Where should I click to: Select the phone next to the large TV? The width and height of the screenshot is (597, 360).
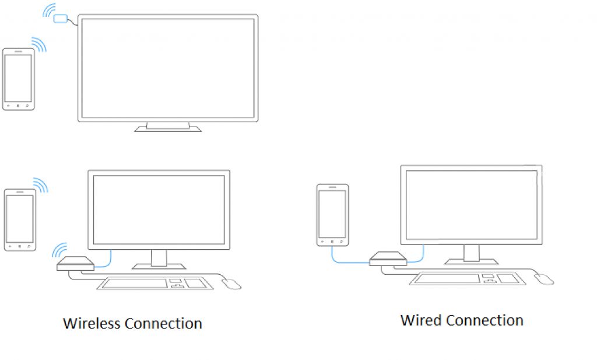19,79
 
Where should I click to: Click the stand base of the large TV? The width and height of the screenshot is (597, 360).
168,127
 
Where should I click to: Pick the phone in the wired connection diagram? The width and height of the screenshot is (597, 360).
332,215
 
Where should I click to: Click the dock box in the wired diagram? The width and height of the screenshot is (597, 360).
388,258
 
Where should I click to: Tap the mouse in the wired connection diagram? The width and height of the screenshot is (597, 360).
545,279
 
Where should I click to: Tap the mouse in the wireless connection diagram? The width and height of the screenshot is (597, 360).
231,284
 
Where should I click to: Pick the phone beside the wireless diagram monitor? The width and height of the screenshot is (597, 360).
20,219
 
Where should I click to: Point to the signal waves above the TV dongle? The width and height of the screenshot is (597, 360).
49,11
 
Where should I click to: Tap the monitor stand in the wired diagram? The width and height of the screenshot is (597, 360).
471,255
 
